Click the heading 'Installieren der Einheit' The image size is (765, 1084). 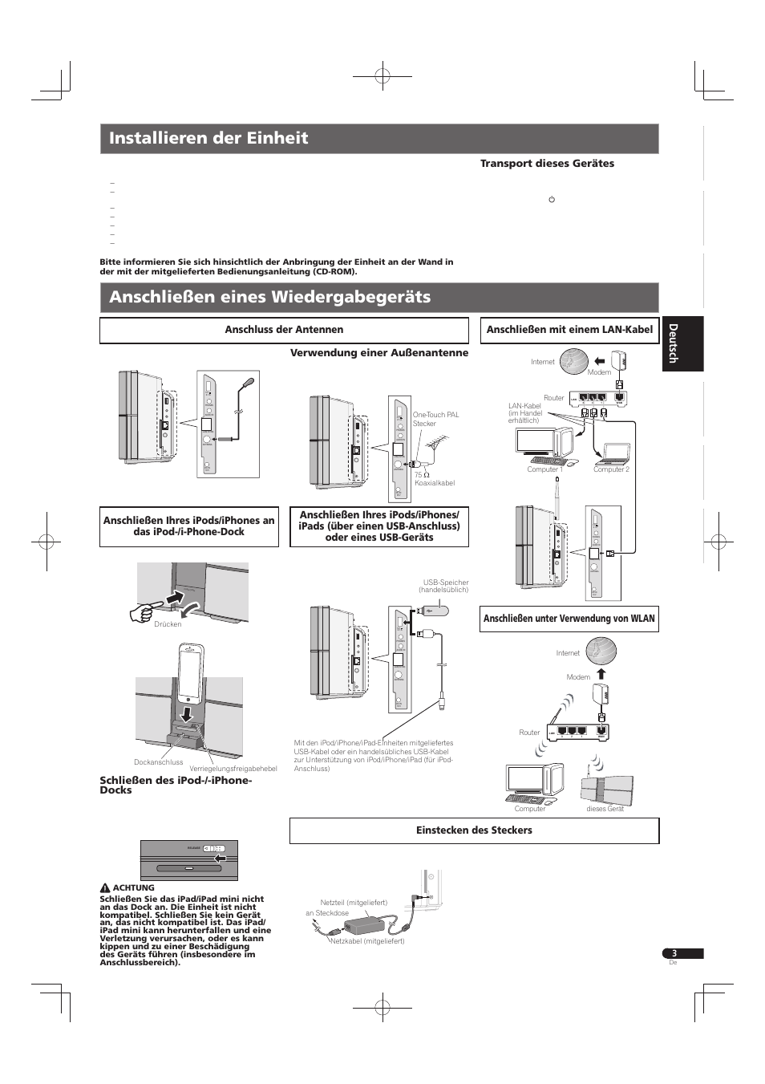[x=208, y=138]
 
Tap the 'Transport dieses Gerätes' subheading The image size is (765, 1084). [x=547, y=164]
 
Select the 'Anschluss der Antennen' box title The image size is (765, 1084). [x=284, y=330]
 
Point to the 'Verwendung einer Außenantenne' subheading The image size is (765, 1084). [x=378, y=352]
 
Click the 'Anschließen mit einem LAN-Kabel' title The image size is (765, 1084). [x=569, y=329]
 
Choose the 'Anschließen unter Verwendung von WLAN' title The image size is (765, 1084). [x=569, y=618]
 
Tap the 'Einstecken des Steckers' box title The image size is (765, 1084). [x=474, y=830]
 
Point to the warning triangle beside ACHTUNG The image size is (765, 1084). [x=104, y=888]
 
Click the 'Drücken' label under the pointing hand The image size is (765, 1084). [x=168, y=624]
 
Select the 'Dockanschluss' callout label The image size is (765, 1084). [x=158, y=762]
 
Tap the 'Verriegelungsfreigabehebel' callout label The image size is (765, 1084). [x=233, y=769]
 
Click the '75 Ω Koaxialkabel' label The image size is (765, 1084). [x=434, y=479]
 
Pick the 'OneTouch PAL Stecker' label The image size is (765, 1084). [x=435, y=419]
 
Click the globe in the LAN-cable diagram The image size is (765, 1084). [x=573, y=360]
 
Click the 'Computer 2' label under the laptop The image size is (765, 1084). [x=611, y=469]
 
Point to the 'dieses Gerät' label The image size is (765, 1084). [x=605, y=809]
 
